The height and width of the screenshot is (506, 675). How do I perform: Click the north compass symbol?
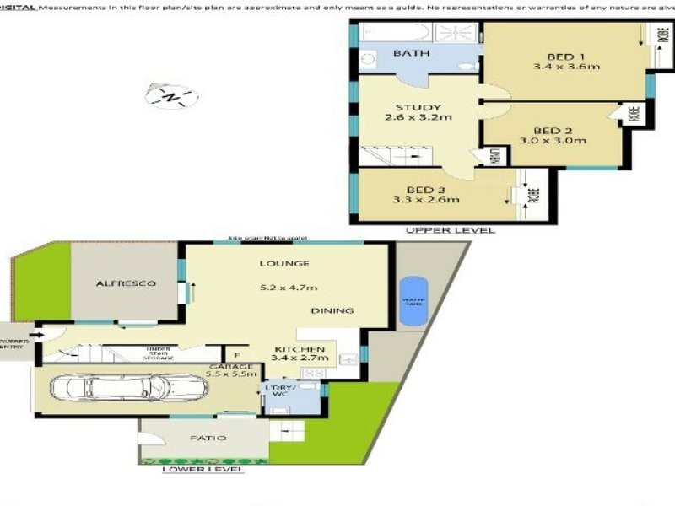pos(172,96)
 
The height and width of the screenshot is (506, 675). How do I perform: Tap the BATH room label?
pos(411,53)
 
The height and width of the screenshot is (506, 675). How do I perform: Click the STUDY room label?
pos(418,107)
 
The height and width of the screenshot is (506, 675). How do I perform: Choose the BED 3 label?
pos(425,188)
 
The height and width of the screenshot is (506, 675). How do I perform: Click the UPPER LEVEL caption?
pos(450,230)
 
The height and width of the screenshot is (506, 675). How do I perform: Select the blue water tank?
pos(413,301)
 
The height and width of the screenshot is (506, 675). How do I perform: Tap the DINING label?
pos(332,310)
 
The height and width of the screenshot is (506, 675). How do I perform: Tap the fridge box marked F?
pos(236,356)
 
